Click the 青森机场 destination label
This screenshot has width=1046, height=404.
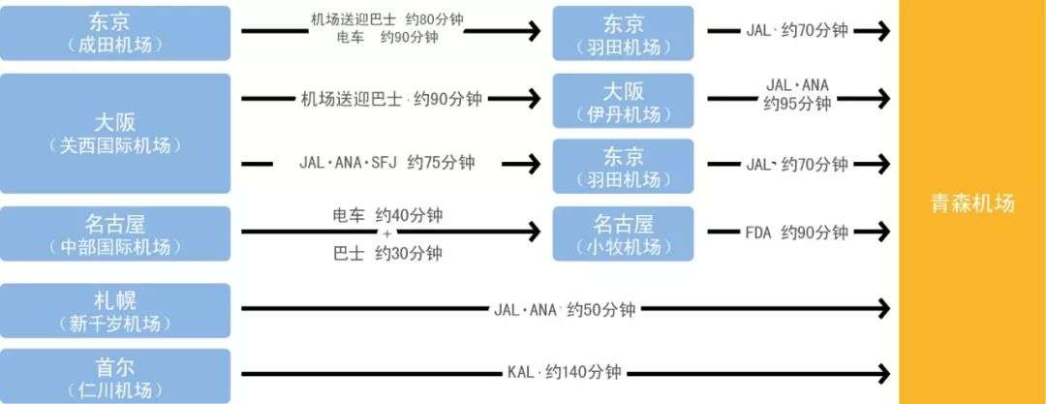tap(971, 204)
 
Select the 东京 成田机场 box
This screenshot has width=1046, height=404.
tap(115, 33)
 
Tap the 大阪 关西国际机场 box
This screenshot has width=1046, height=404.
tap(115, 134)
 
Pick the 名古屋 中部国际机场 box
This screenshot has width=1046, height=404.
tap(115, 233)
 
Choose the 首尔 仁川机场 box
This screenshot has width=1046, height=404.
tap(115, 376)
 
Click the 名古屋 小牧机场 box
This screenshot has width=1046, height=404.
tap(623, 233)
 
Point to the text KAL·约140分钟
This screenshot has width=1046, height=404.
tap(564, 373)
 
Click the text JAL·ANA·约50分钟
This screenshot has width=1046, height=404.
tap(565, 310)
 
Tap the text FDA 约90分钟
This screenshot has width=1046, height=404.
tap(796, 233)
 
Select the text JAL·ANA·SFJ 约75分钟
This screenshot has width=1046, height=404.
tap(387, 163)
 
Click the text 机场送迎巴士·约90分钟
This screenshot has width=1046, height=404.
tap(391, 98)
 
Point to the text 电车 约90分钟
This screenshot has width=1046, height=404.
tap(387, 38)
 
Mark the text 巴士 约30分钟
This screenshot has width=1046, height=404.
tap(386, 253)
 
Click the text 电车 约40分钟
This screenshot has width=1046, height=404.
tap(386, 214)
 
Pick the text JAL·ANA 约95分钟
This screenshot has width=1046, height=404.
tap(797, 94)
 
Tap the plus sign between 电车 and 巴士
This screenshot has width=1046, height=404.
tap(386, 233)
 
